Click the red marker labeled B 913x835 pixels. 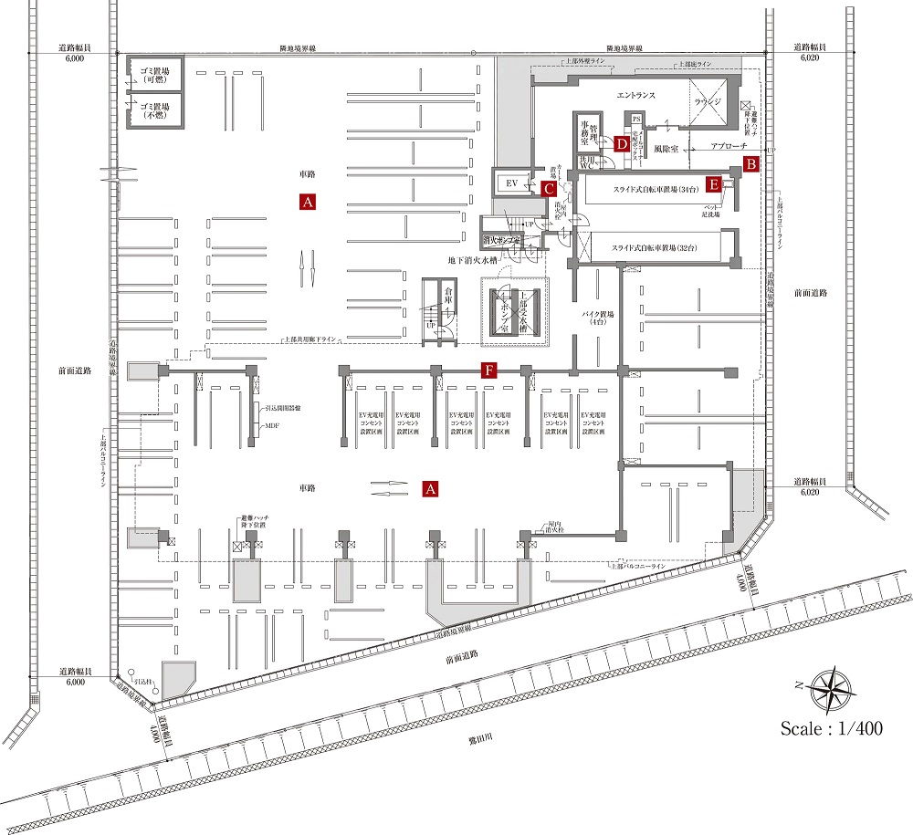point(750,164)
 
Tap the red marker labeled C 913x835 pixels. point(549,189)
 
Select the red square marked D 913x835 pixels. point(621,143)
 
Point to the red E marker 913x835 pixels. point(715,184)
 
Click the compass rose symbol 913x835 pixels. point(830,690)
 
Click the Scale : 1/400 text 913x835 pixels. point(830,728)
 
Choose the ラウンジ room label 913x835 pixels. point(708,102)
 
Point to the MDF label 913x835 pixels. point(270,426)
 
